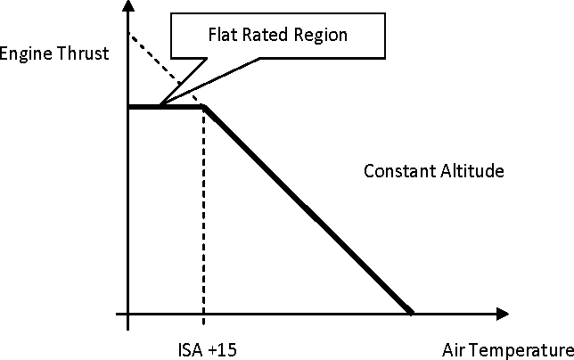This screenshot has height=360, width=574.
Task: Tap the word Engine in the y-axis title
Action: (26, 54)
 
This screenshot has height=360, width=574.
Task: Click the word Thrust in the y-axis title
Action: (83, 53)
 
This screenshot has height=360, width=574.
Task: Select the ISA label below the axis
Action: (190, 350)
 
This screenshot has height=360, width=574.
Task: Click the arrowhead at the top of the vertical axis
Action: (127, 5)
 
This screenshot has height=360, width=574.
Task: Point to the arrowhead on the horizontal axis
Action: (503, 314)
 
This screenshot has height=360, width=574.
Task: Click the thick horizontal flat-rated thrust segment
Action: (166, 107)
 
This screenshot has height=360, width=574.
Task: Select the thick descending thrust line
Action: (308, 210)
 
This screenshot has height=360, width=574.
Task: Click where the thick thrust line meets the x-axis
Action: (411, 313)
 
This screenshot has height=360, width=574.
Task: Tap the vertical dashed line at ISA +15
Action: (203, 216)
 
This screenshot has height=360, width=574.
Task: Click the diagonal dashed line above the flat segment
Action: (166, 70)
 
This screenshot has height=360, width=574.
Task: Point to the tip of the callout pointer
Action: (160, 105)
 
